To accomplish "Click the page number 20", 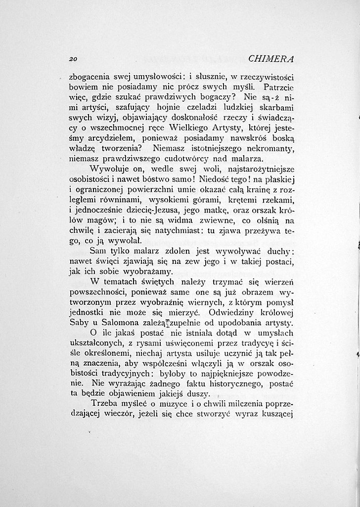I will (75, 58).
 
